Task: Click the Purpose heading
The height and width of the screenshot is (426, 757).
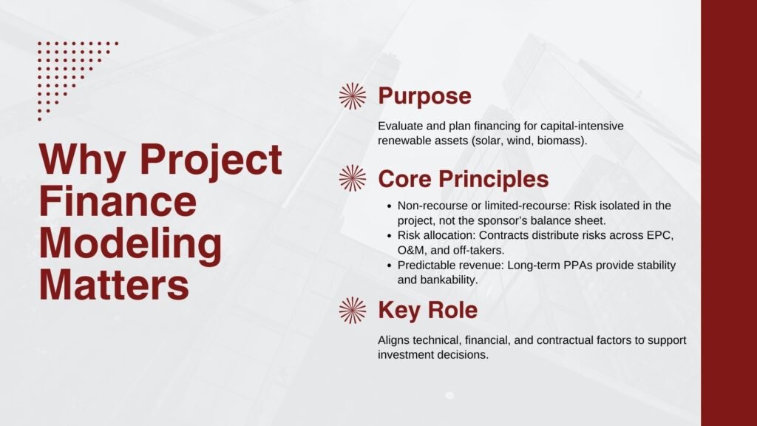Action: (424, 96)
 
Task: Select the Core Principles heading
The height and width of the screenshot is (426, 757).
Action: (463, 179)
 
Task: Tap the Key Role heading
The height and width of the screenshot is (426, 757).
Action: (427, 311)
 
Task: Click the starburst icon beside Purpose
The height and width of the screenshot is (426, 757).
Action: (353, 96)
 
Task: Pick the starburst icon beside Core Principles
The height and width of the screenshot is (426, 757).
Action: (353, 178)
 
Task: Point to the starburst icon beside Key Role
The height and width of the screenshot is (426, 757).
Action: (353, 311)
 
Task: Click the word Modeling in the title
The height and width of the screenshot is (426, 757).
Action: (130, 243)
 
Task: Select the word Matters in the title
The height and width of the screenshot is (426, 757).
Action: (114, 285)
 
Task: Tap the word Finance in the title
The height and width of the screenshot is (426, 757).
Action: (118, 202)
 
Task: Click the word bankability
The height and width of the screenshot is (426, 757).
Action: (450, 280)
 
